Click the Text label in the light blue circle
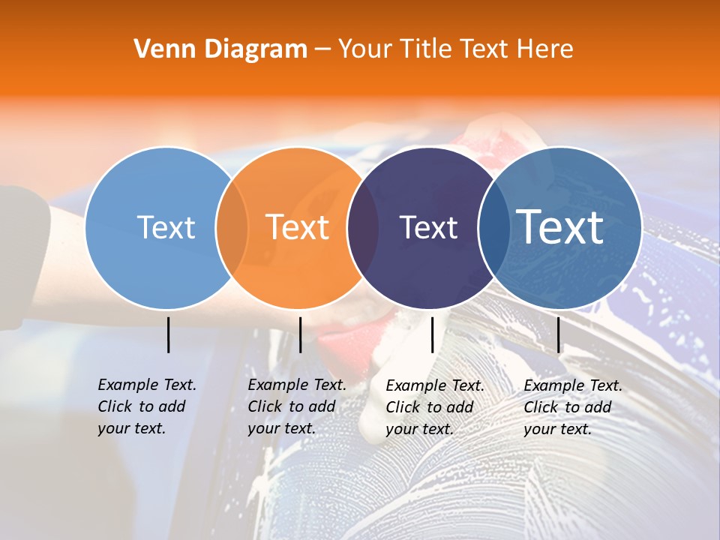pos(166,227)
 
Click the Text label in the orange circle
pos(298,227)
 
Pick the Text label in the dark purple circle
pos(428,227)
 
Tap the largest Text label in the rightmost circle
pos(560,227)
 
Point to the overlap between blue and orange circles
pos(232,228)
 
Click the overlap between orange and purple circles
pos(363,228)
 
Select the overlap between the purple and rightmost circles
pos(492,228)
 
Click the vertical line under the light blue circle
pos(168,334)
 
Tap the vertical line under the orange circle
pos(300,334)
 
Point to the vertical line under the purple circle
pos(432,334)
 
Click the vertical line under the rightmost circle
pos(558,334)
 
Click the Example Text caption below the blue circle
pos(146,406)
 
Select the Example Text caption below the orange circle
pos(296,406)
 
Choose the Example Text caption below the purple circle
pos(434,407)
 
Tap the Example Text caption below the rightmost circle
pos(572,407)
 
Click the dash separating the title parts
pos(322,49)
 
